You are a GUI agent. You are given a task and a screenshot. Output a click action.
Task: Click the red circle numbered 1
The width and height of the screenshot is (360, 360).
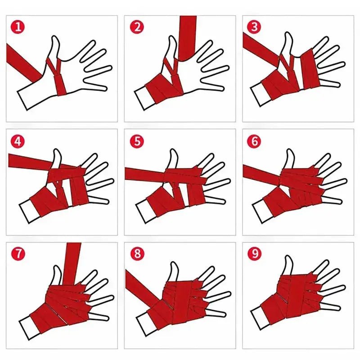(18, 27)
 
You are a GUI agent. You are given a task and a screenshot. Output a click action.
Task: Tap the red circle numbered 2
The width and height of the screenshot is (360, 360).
(136, 27)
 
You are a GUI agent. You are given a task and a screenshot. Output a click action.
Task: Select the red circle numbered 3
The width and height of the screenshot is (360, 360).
(254, 27)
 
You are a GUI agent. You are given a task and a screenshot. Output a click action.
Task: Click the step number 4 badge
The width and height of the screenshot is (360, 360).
(18, 141)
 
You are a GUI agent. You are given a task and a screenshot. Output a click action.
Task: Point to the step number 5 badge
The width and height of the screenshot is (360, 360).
(136, 141)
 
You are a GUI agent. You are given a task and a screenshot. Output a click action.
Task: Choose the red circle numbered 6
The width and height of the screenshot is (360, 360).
(254, 141)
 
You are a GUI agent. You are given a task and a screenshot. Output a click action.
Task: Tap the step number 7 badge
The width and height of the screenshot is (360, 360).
(18, 253)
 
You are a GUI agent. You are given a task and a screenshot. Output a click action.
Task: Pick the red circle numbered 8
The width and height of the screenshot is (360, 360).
(136, 253)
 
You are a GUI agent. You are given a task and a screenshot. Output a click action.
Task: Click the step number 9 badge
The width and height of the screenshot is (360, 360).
(254, 253)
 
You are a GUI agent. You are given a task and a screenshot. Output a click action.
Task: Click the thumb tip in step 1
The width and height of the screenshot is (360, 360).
(55, 40)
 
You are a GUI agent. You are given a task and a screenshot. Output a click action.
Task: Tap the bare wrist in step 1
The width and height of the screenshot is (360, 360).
(29, 97)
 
